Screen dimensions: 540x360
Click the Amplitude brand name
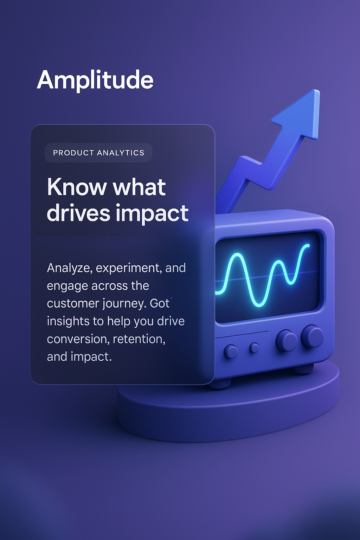pyautogui.click(x=95, y=80)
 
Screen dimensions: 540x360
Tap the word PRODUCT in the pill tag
pyautogui.click(x=73, y=153)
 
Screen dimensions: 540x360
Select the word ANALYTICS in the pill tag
pyautogui.click(x=121, y=153)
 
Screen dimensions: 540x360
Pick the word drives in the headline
pyautogui.click(x=78, y=213)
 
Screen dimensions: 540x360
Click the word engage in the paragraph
pyautogui.click(x=67, y=286)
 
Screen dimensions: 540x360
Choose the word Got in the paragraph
pyautogui.click(x=160, y=303)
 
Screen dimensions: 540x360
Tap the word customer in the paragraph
pyautogui.click(x=73, y=304)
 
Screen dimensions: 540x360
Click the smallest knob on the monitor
pyautogui.click(x=254, y=348)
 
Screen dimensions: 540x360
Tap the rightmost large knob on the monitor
pyautogui.click(x=312, y=336)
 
